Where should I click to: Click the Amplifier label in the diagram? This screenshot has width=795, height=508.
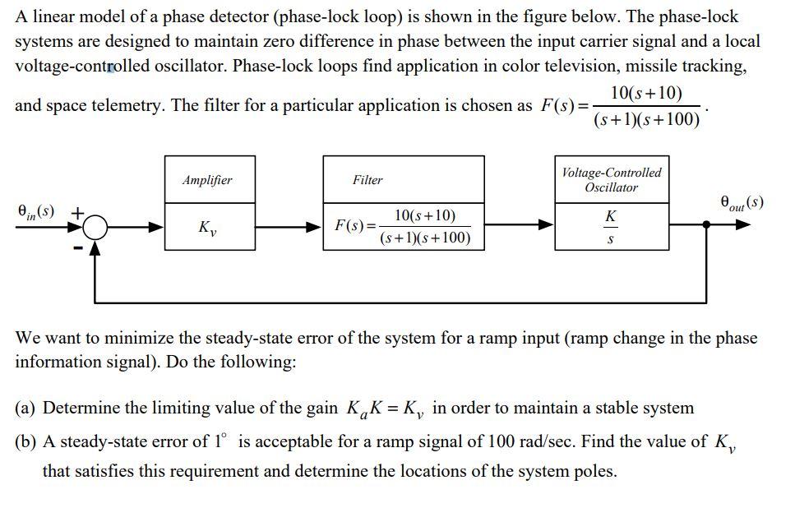click(x=207, y=180)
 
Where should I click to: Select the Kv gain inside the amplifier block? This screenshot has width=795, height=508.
click(x=207, y=227)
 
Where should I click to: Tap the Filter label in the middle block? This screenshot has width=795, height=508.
click(x=367, y=180)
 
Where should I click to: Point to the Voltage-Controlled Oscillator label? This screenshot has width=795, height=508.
click(x=611, y=180)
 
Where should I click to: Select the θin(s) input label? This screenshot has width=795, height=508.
click(x=36, y=211)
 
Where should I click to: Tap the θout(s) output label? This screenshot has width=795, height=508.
click(x=741, y=201)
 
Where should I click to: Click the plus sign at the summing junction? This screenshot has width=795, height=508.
click(x=76, y=212)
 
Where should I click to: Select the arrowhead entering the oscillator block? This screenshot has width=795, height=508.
click(x=547, y=224)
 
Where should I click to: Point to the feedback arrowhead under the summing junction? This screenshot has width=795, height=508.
click(x=97, y=247)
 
